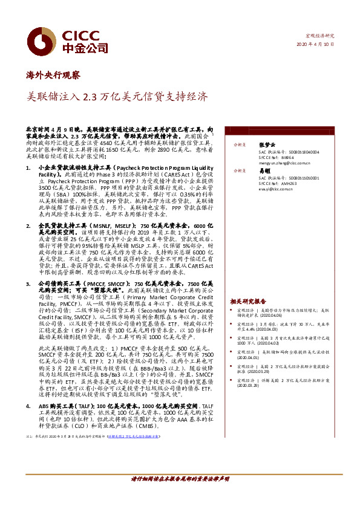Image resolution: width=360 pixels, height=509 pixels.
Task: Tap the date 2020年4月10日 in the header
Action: tap(316, 45)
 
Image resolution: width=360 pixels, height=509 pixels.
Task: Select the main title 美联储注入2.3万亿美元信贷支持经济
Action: tap(119, 96)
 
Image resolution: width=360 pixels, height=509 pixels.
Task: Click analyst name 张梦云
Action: tap(267, 145)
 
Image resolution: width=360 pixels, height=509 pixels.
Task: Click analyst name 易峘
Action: tap(264, 172)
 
